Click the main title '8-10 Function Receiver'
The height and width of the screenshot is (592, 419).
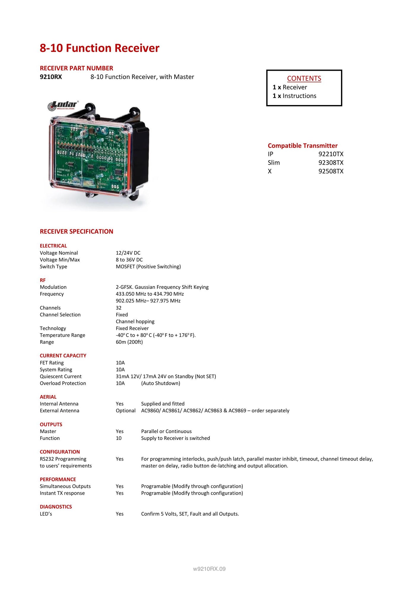pyautogui.click(x=100, y=48)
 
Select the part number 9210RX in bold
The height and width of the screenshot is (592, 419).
pyautogui.click(x=51, y=77)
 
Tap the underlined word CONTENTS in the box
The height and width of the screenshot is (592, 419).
pyautogui.click(x=304, y=78)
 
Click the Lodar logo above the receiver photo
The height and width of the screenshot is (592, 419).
pyautogui.click(x=63, y=105)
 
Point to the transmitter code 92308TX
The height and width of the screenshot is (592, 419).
pyautogui.click(x=331, y=163)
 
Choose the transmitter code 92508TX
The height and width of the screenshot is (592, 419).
pyautogui.click(x=331, y=171)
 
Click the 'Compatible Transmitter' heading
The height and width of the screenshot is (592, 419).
pyautogui.click(x=303, y=146)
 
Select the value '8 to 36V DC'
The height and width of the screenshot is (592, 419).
pyautogui.click(x=129, y=260)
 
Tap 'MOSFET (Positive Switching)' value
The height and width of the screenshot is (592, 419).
pyautogui.click(x=148, y=266)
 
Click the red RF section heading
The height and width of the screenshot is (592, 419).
pyautogui.click(x=43, y=280)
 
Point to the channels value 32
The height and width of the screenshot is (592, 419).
pyautogui.click(x=119, y=308)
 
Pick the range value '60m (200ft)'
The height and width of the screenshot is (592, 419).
pyautogui.click(x=129, y=342)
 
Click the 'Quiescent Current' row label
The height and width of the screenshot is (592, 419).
pyautogui.click(x=61, y=376)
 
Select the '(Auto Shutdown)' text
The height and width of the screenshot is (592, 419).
pyautogui.click(x=161, y=383)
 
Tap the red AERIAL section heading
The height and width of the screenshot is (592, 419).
pyautogui.click(x=48, y=397)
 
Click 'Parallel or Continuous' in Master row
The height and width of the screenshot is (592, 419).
pyautogui.click(x=166, y=431)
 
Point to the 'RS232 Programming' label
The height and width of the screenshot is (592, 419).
pyautogui.click(x=63, y=459)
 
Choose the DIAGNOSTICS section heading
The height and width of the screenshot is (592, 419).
pyautogui.click(x=56, y=507)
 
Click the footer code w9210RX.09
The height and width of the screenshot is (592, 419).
pyautogui.click(x=209, y=569)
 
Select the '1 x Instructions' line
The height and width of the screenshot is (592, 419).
pyautogui.click(x=295, y=96)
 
